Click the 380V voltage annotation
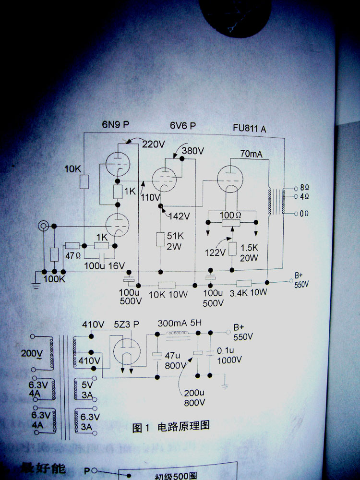point(193,151)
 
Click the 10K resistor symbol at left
point(84,181)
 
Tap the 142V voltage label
point(179,216)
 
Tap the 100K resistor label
point(54,278)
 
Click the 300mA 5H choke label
point(180,323)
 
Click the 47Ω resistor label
point(73,255)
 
